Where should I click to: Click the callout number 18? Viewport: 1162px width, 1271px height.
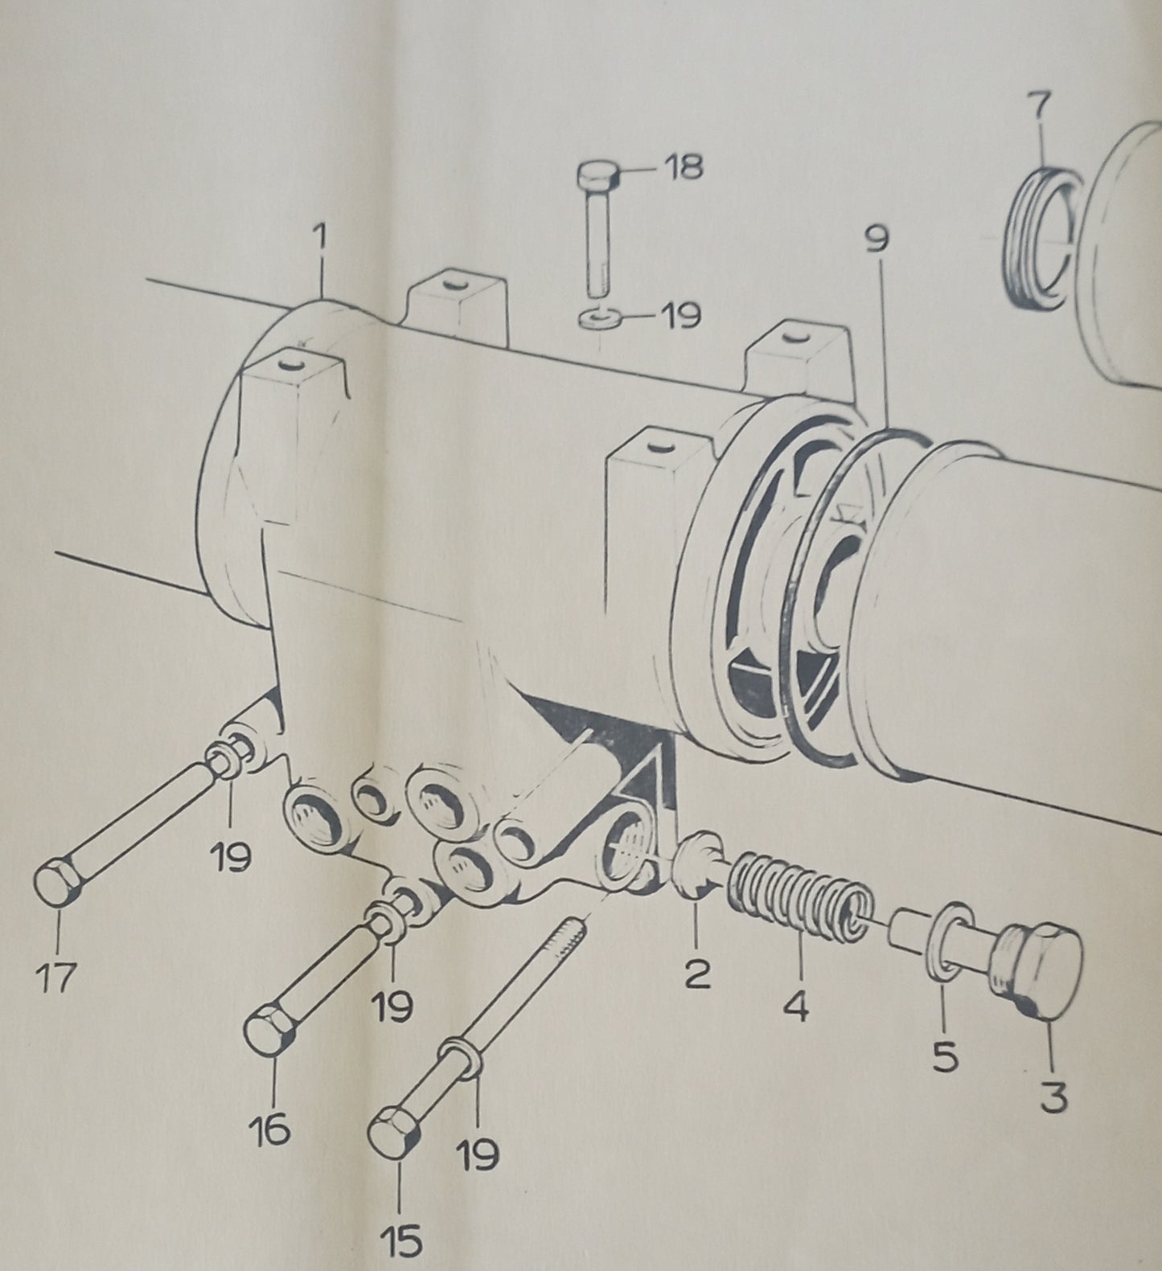(x=683, y=167)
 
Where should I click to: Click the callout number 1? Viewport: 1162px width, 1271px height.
(x=321, y=240)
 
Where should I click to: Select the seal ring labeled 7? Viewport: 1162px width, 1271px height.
(x=1037, y=237)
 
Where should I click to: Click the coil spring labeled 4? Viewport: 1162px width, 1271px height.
(x=799, y=896)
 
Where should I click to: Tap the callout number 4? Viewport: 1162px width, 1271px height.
(x=796, y=1005)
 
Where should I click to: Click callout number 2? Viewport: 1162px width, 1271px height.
(x=696, y=974)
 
